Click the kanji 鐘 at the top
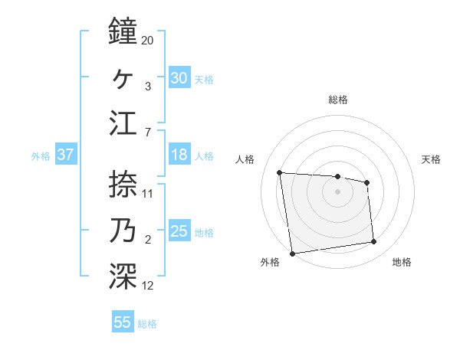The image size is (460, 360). coord(123,31)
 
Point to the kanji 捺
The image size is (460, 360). coord(123,183)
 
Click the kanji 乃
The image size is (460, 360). coord(123,230)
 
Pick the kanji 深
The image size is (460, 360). coord(123,276)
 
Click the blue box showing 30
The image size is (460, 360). coord(179,77)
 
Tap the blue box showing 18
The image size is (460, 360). coord(179,155)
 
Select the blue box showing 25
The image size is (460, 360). coord(179,231)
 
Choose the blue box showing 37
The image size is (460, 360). coord(66,155)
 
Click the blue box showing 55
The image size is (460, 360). coord(123,322)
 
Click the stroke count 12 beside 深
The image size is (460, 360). coord(148,286)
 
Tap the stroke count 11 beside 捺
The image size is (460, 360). coord(148,193)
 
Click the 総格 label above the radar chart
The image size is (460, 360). coord(337,100)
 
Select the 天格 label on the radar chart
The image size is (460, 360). coord(432,159)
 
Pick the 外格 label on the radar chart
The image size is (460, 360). coord(270,262)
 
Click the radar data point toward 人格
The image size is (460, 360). coord(280,172)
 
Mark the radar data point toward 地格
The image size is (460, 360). coord(374,242)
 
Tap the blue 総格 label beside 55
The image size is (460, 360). coord(147,324)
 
